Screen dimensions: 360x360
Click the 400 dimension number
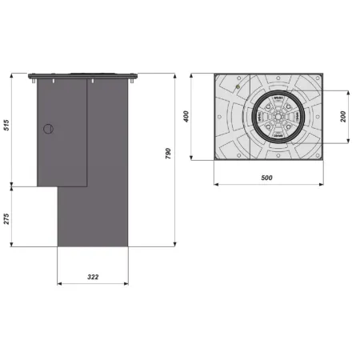pyautogui.click(x=186, y=117)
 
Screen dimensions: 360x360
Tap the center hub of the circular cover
pyautogui.click(x=273, y=117)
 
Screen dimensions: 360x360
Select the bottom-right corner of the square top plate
pyautogui.click(x=324, y=159)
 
